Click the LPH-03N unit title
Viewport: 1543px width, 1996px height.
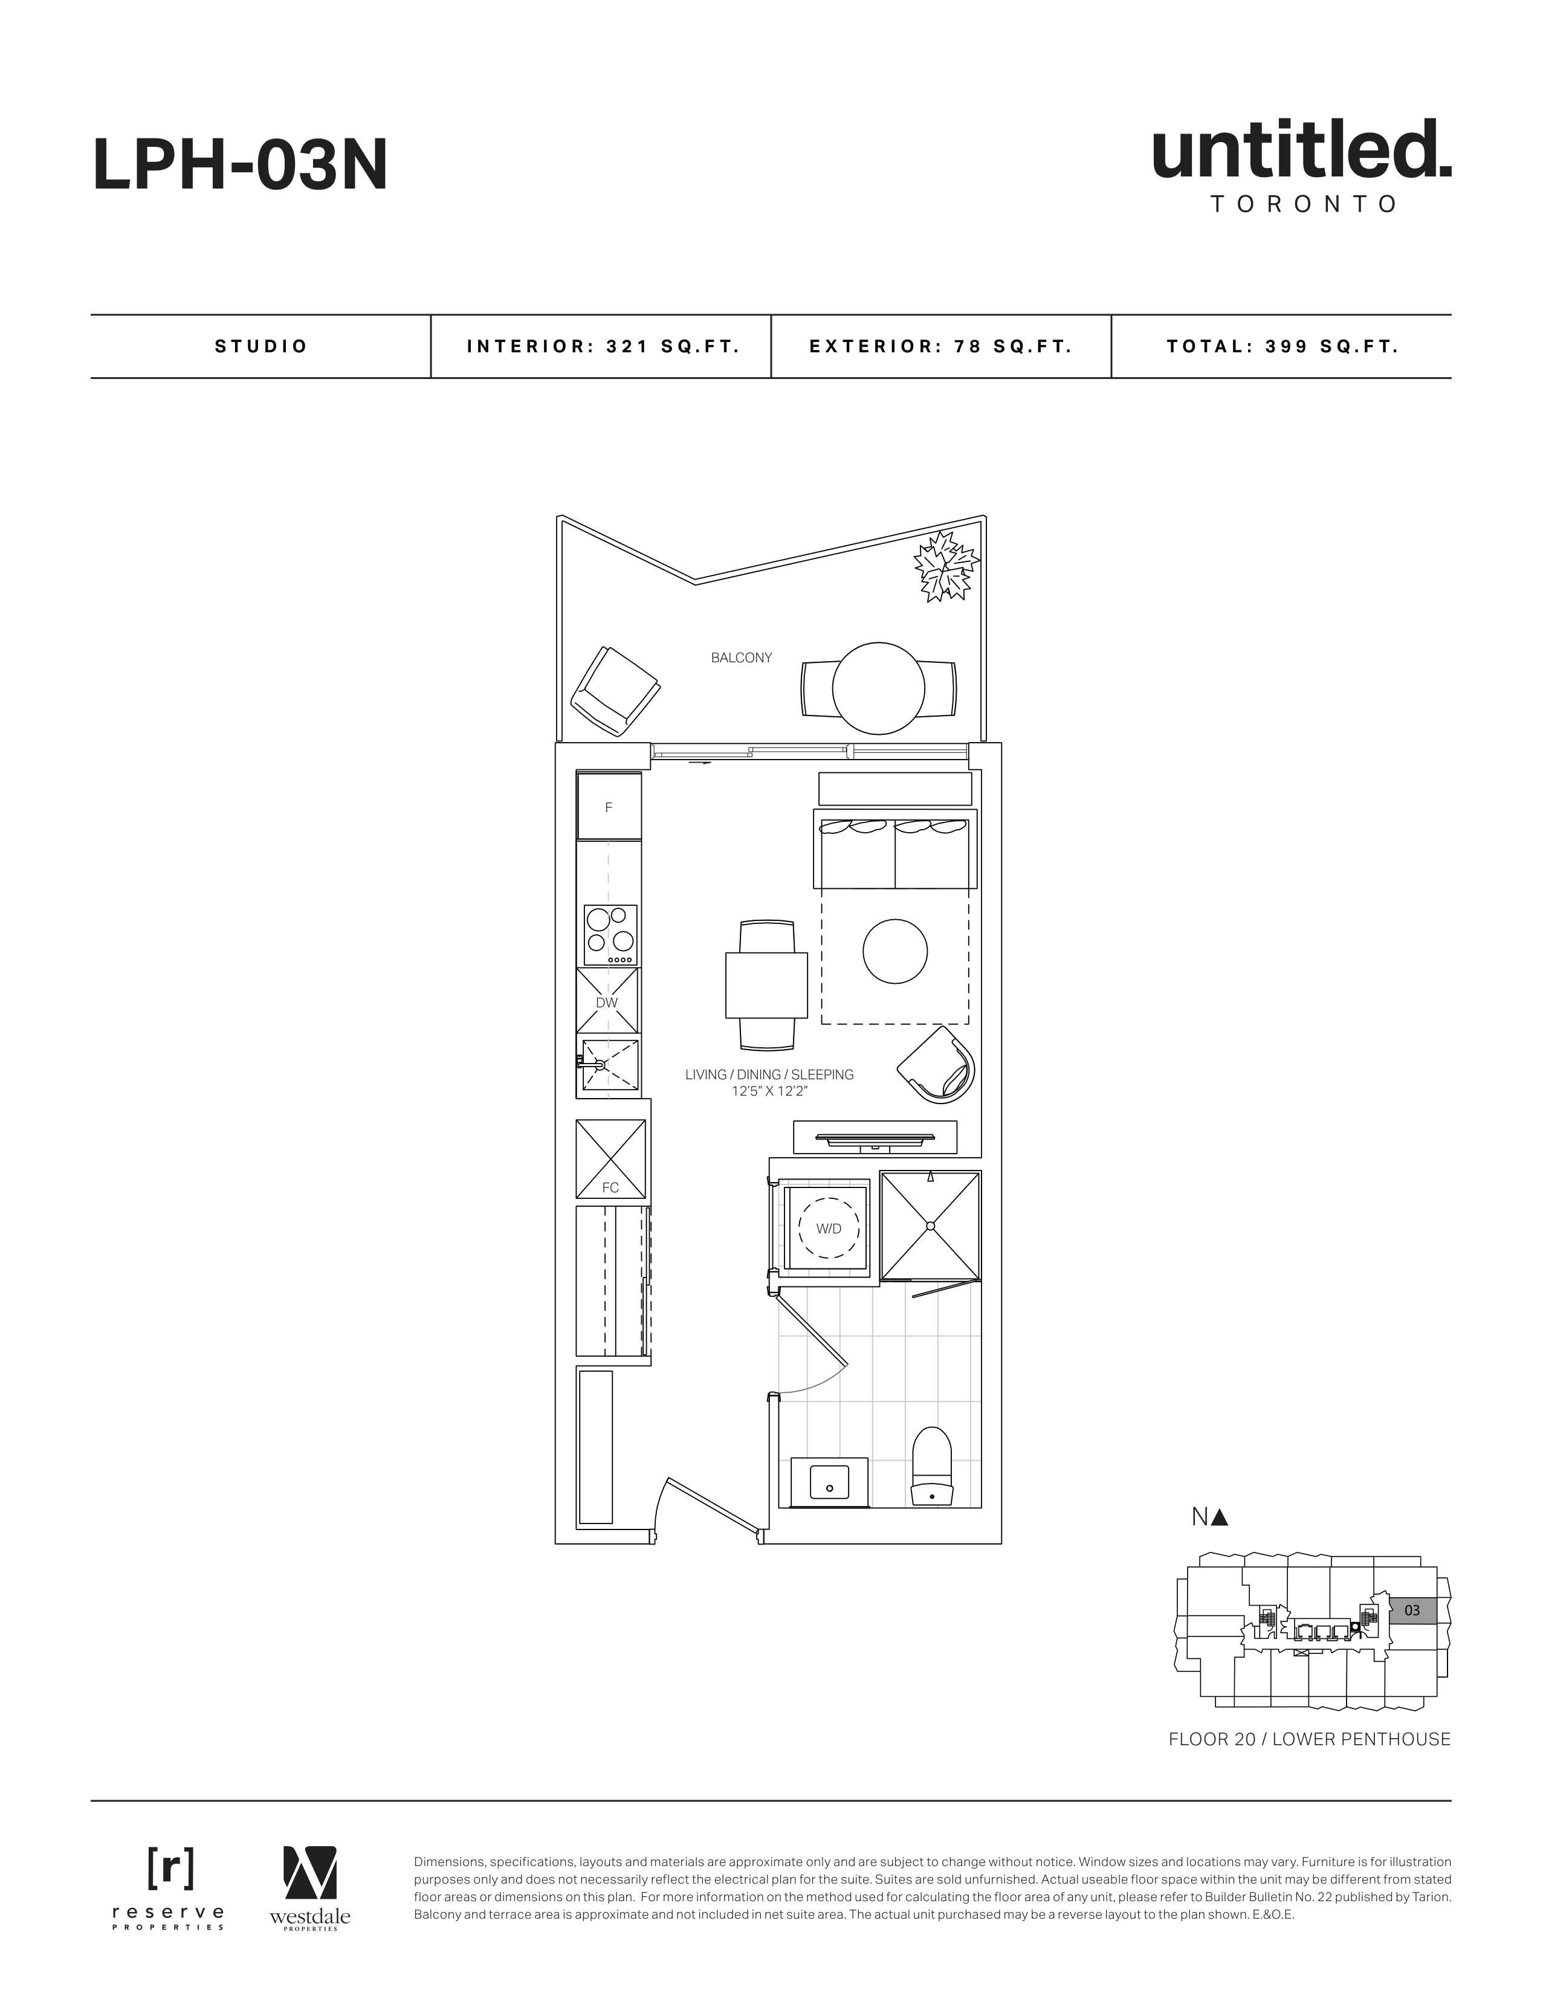click(241, 166)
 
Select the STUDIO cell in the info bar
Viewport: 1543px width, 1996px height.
click(260, 346)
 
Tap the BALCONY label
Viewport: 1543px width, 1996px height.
click(742, 657)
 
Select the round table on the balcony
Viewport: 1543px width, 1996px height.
click(878, 688)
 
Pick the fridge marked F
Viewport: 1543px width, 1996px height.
click(609, 807)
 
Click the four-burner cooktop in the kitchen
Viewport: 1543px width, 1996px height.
click(610, 935)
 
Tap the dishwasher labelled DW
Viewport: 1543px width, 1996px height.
click(607, 1001)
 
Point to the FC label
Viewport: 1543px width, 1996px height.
click(610, 1187)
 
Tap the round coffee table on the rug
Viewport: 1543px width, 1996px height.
click(895, 951)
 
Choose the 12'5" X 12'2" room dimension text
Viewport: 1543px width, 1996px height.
click(769, 1091)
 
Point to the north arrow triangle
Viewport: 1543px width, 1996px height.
click(1220, 1517)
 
